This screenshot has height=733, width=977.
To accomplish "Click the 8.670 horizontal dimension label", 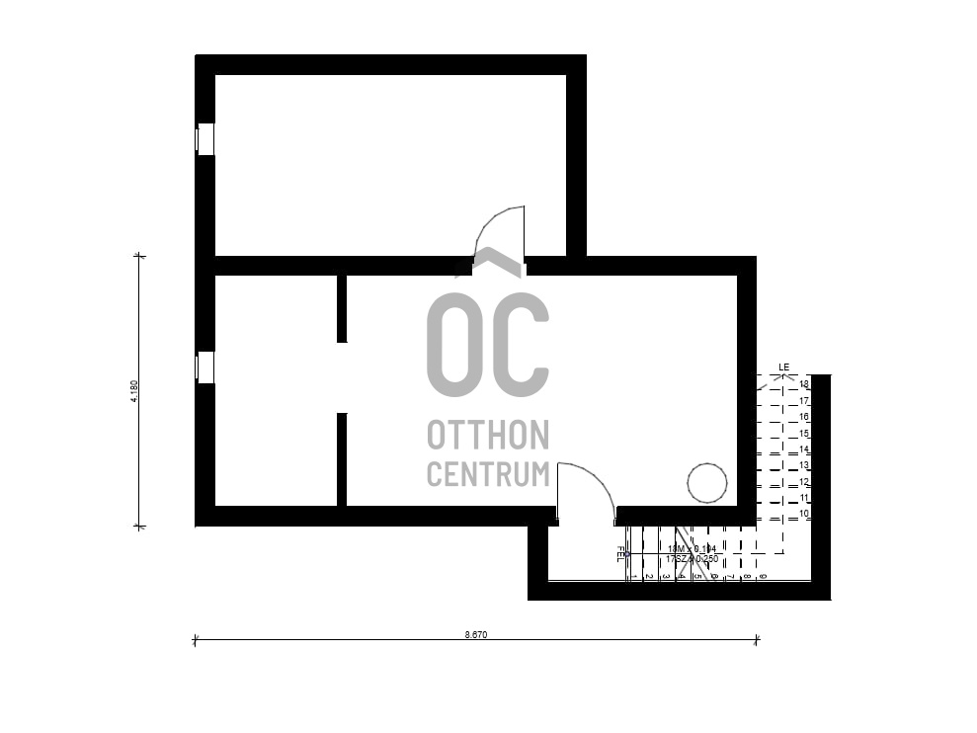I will coord(476,635).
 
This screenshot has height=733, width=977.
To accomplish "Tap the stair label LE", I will coord(784,367).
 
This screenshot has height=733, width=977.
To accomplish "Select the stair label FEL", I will coord(620,553).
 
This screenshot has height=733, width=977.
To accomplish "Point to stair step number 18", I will coord(804,384).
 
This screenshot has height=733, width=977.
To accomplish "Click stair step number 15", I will coord(804,434).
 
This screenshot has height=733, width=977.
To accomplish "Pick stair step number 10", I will coord(804,515).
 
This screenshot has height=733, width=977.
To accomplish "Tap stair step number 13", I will coord(804,465).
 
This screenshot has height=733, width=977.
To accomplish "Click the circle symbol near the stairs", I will coord(707,483).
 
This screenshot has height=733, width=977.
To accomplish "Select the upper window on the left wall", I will coord(204,139).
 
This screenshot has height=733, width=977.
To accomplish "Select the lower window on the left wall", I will coord(204,367).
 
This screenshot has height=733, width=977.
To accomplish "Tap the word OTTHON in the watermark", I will coord(488,435).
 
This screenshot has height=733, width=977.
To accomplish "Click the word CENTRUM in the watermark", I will coord(488,473).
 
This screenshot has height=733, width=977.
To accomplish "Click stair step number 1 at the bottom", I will coord(633,575).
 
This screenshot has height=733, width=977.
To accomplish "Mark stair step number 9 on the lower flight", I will coord(763,575).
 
